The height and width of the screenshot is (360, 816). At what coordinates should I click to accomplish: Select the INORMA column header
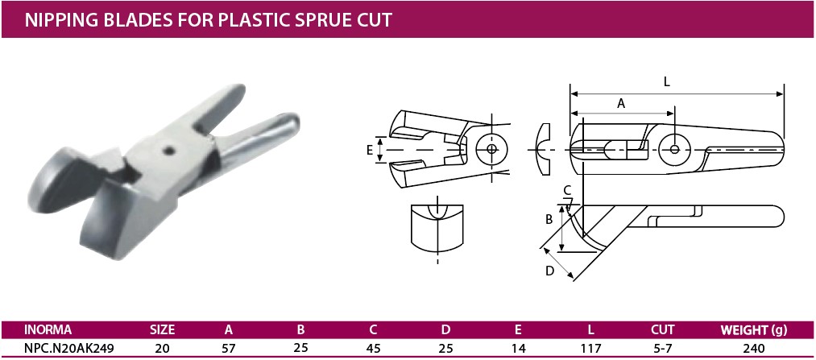click(x=48, y=329)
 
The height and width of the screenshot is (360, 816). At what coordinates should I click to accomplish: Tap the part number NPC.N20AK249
click(x=69, y=348)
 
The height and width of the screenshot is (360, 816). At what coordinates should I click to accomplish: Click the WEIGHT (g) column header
click(x=753, y=329)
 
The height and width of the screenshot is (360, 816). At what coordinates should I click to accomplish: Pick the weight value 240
click(x=753, y=348)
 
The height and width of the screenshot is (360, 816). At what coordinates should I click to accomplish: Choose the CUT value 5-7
click(x=662, y=348)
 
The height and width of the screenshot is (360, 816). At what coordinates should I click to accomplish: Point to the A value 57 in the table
click(x=229, y=348)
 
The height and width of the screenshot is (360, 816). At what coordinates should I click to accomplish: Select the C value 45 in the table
click(x=373, y=348)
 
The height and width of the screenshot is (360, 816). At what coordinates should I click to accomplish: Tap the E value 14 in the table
click(x=518, y=348)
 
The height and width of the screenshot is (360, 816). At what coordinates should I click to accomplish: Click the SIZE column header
click(x=163, y=329)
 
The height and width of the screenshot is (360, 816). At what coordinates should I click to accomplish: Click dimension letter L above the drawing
click(x=667, y=82)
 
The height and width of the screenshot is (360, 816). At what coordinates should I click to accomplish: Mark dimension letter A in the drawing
click(x=620, y=104)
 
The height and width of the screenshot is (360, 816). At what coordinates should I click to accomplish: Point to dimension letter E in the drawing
click(x=370, y=151)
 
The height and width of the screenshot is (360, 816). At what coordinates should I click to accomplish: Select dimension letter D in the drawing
click(x=549, y=271)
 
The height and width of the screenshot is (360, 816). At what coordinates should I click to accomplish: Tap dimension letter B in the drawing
click(x=549, y=220)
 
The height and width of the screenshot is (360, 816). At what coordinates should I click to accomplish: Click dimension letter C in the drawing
click(x=568, y=189)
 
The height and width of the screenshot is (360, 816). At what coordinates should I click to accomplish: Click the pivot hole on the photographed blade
click(x=168, y=151)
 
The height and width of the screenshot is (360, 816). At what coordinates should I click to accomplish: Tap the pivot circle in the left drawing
click(x=492, y=149)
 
